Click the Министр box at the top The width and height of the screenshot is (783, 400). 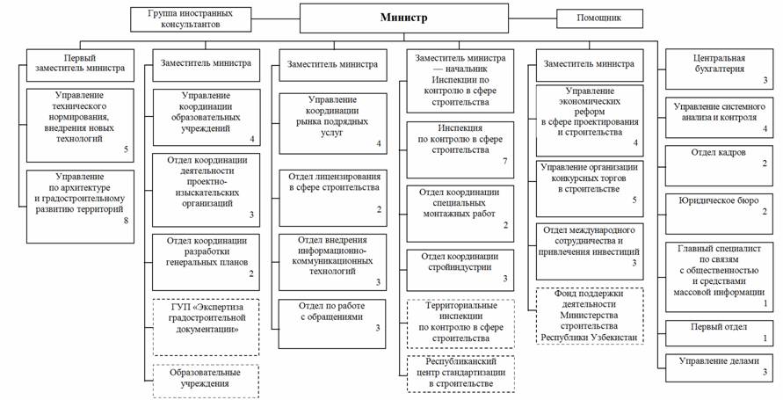point(403,18)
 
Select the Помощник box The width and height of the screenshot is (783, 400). point(599,18)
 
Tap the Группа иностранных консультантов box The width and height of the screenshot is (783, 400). point(190,19)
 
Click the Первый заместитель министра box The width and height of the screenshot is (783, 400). point(80,65)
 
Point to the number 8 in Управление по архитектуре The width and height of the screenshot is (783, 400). point(126,221)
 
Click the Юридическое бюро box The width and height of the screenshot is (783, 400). point(719,207)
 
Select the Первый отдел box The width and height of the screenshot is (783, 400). point(719,332)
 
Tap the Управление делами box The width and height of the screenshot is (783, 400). point(719,367)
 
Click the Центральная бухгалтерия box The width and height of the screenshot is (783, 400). point(719,69)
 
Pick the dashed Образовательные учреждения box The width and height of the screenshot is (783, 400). point(206,381)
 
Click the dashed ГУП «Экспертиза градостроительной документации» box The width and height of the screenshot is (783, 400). point(206,326)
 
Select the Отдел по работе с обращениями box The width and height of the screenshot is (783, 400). point(332,324)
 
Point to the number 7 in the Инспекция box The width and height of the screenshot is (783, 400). point(504,161)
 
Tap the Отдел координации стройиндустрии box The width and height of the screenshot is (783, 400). point(460,270)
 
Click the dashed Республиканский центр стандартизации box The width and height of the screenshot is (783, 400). point(460,374)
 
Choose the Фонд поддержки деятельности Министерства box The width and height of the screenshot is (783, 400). point(590,316)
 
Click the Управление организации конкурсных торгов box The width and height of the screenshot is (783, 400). point(590,188)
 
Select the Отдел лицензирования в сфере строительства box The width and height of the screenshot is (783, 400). point(332,198)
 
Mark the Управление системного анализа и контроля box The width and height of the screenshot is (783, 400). point(719,118)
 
